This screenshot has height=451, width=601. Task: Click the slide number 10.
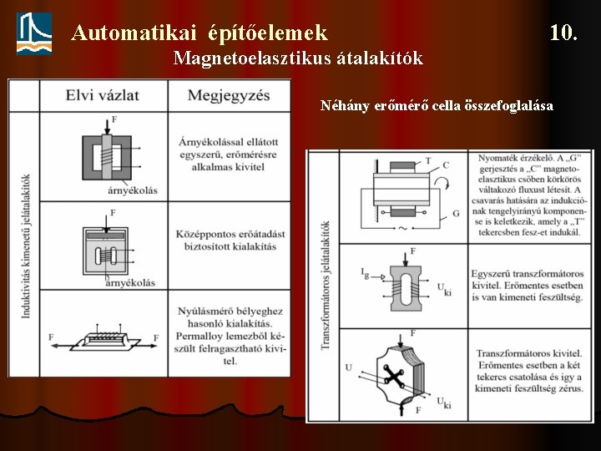[x=563, y=33]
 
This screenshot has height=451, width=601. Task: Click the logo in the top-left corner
[x=34, y=33]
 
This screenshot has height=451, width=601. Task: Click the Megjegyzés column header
[x=228, y=94]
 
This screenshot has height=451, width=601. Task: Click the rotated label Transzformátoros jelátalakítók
[x=325, y=297]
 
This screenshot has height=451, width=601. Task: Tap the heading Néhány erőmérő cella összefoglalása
[x=437, y=106]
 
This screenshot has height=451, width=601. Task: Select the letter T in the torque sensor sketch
[x=428, y=160]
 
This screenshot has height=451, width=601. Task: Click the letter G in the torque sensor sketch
[x=456, y=214]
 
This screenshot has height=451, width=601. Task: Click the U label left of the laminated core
[x=348, y=367]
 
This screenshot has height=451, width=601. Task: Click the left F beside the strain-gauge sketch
[x=53, y=337]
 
